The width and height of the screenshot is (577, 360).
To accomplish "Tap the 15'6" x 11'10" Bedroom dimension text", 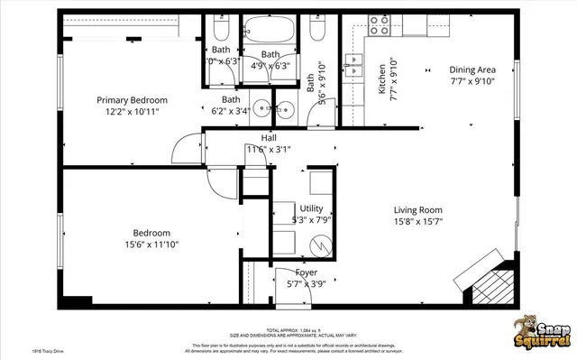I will (151, 244).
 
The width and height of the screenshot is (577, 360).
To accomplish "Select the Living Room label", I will (417, 210).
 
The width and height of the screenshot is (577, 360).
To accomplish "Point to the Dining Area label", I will (472, 69).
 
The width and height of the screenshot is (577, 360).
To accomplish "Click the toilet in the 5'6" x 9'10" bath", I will (317, 30).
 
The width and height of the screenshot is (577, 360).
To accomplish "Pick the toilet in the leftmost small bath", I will (223, 30).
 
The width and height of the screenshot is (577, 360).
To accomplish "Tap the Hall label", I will (269, 137).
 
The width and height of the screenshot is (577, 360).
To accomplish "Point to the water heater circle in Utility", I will (319, 245).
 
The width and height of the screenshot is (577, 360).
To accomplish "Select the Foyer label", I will (307, 272).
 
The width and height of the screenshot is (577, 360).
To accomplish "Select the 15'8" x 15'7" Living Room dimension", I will (417, 222).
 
